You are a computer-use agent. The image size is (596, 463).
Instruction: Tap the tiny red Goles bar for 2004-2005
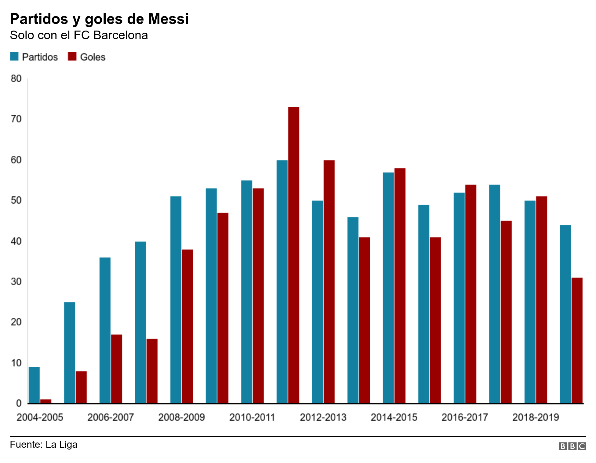[46, 401]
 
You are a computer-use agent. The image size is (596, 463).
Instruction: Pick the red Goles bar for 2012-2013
[329, 281]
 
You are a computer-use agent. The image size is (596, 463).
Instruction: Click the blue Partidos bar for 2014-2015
[388, 287]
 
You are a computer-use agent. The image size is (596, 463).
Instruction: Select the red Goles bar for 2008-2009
[187, 326]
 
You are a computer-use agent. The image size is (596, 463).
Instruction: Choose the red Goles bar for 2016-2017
[471, 294]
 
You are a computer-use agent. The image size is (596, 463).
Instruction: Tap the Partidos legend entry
[34, 57]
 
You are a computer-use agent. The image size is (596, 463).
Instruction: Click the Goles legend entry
[87, 57]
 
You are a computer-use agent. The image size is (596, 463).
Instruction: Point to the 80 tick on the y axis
[16, 79]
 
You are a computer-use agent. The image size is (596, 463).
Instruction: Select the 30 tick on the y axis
[16, 282]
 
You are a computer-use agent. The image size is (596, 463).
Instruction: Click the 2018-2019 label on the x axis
[536, 417]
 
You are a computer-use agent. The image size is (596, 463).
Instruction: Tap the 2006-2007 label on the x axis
[111, 417]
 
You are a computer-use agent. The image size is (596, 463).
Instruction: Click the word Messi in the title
[169, 19]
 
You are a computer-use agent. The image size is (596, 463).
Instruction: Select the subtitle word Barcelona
[121, 35]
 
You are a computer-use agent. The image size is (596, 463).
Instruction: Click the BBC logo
[572, 446]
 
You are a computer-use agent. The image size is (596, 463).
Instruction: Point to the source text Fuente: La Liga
[44, 444]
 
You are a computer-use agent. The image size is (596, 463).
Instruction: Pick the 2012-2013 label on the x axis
[323, 417]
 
